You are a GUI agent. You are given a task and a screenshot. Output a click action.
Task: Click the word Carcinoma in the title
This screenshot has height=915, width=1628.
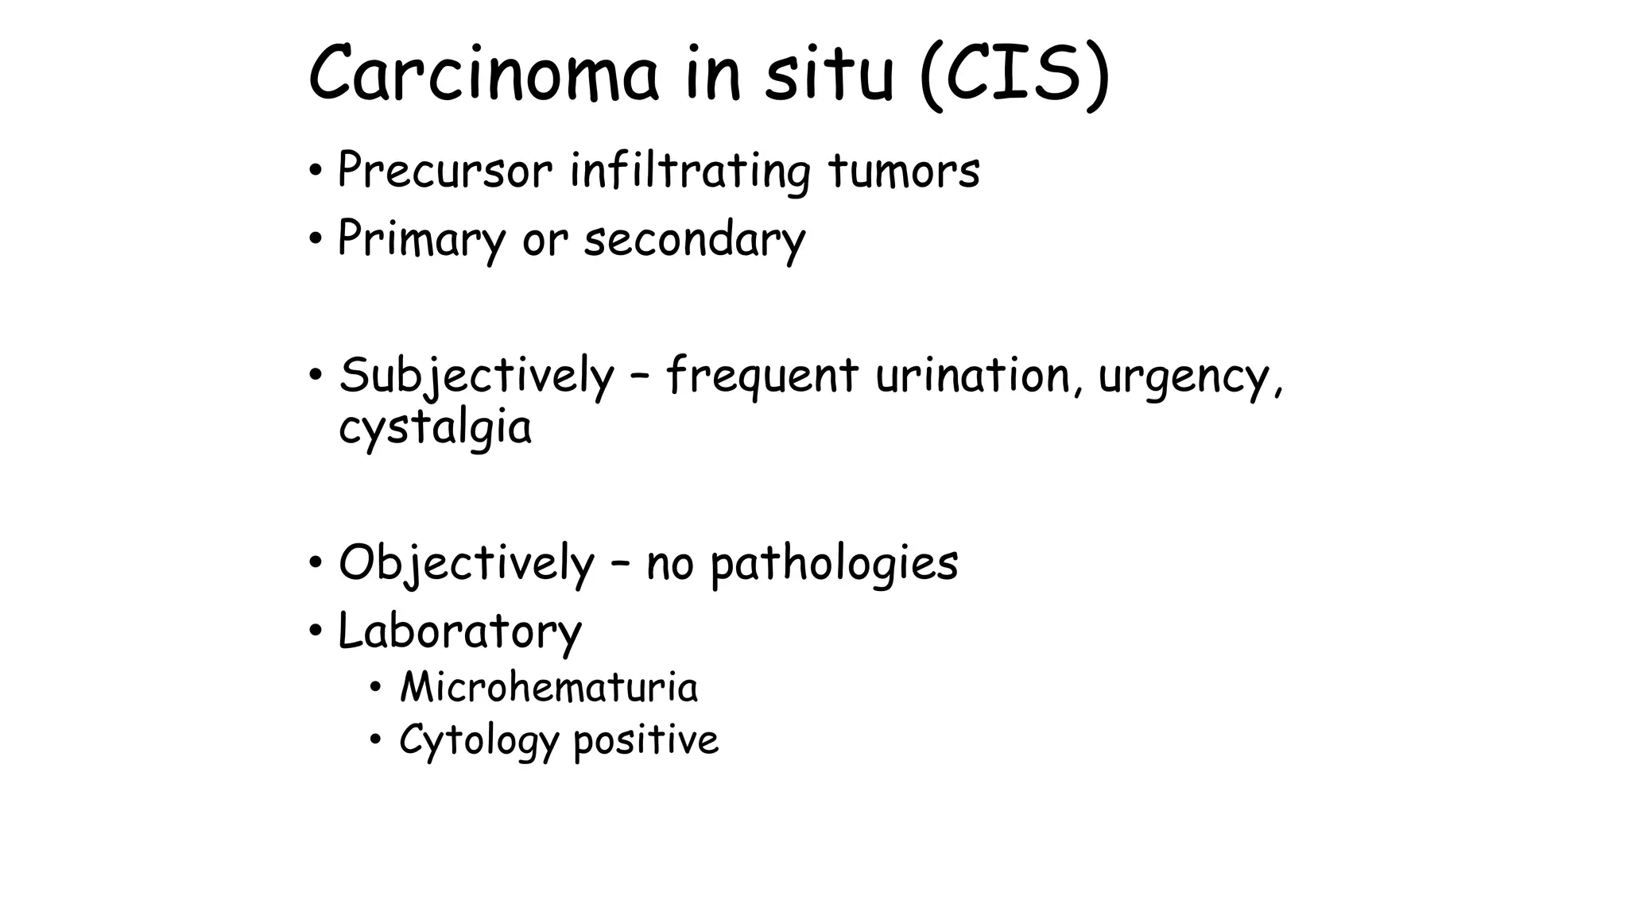tap(483, 75)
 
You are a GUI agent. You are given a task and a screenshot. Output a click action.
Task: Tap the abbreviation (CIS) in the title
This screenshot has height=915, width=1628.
tap(1014, 75)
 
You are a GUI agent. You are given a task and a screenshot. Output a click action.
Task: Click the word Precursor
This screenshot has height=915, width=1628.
tap(444, 170)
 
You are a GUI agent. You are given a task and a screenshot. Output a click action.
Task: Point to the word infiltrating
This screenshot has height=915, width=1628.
tap(690, 172)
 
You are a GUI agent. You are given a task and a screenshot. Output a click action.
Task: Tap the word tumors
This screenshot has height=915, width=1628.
tap(904, 170)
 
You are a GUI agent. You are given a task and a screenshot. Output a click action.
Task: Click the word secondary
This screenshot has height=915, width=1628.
tap(695, 238)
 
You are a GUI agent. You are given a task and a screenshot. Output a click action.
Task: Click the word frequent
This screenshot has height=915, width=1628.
tap(762, 376)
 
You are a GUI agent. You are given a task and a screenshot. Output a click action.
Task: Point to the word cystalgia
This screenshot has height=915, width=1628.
tap(435, 427)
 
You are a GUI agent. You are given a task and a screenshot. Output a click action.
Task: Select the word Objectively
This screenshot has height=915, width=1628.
tap(467, 563)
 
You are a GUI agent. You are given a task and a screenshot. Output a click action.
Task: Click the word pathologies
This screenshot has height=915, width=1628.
tap(834, 563)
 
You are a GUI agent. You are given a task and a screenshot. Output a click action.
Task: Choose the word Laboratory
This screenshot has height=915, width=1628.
tap(459, 631)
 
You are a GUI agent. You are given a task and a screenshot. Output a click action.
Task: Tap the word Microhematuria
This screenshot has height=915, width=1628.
tap(548, 687)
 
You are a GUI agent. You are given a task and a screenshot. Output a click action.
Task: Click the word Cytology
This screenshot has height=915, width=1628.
tap(479, 740)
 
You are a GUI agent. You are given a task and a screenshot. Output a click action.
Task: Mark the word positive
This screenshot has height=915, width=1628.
tap(645, 740)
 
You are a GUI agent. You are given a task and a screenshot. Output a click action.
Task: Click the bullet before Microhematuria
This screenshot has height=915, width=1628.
tap(375, 687)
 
